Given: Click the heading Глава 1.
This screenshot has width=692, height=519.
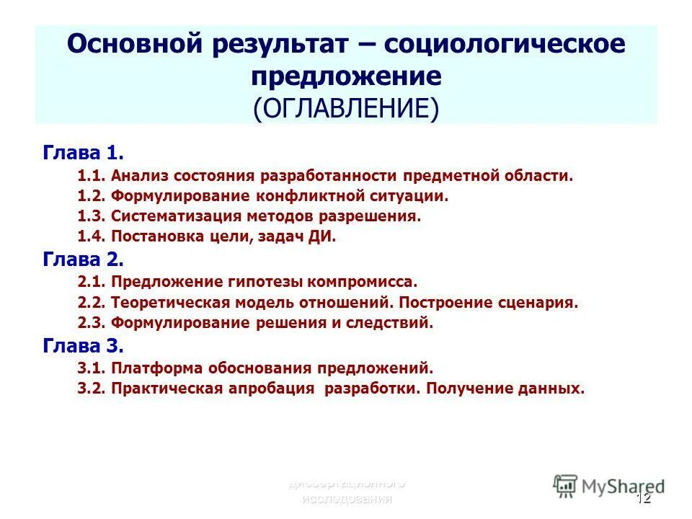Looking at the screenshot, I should (x=83, y=153).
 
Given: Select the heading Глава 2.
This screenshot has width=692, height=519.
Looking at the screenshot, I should (x=83, y=259).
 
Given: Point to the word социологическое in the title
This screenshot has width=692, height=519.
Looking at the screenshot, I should (x=505, y=45).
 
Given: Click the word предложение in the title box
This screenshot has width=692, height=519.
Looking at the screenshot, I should (x=345, y=76).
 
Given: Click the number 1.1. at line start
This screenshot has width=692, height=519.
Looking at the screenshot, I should (x=92, y=175).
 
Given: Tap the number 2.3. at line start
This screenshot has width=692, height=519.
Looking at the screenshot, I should (x=92, y=323).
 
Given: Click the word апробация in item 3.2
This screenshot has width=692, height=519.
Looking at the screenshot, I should (x=280, y=389).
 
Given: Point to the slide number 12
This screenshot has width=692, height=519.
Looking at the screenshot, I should (x=643, y=498).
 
